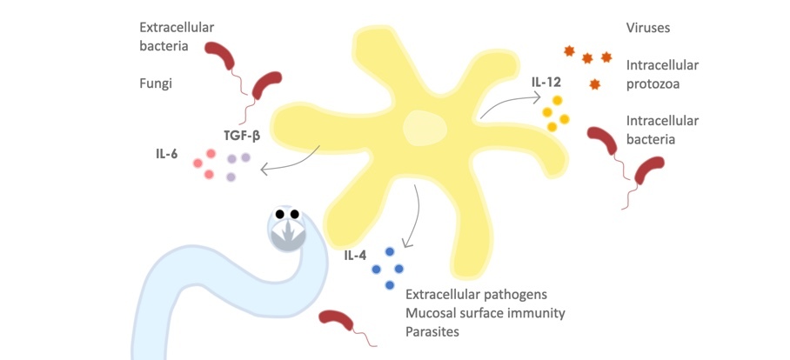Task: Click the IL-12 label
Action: click(546, 83)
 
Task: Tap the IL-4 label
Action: click(354, 256)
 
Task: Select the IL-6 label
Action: click(167, 153)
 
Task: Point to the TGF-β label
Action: click(242, 135)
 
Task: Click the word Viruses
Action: click(648, 29)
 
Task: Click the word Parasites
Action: click(432, 331)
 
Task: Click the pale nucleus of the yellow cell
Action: click(421, 129)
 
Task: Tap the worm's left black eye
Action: click(280, 215)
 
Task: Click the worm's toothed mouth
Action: click(288, 231)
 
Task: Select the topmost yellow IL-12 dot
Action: click(558, 100)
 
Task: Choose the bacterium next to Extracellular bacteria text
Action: click(220, 57)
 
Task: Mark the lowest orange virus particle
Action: click(595, 83)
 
